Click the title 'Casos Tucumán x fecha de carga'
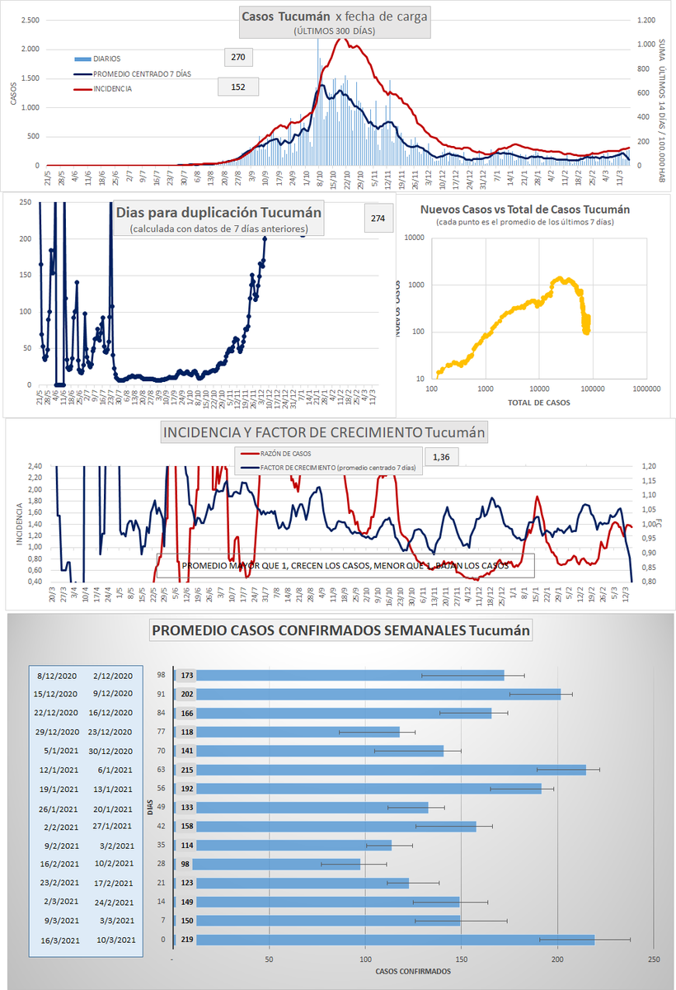click(x=334, y=16)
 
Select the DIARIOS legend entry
click(x=107, y=59)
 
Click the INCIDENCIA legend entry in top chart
click(x=111, y=88)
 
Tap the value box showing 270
click(x=238, y=58)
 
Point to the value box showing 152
click(x=238, y=87)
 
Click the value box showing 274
click(x=378, y=219)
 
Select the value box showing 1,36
click(x=442, y=455)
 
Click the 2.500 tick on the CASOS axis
click(x=29, y=20)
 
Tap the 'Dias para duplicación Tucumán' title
click(x=218, y=212)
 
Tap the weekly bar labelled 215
click(x=392, y=770)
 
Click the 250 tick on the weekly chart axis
click(x=654, y=959)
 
